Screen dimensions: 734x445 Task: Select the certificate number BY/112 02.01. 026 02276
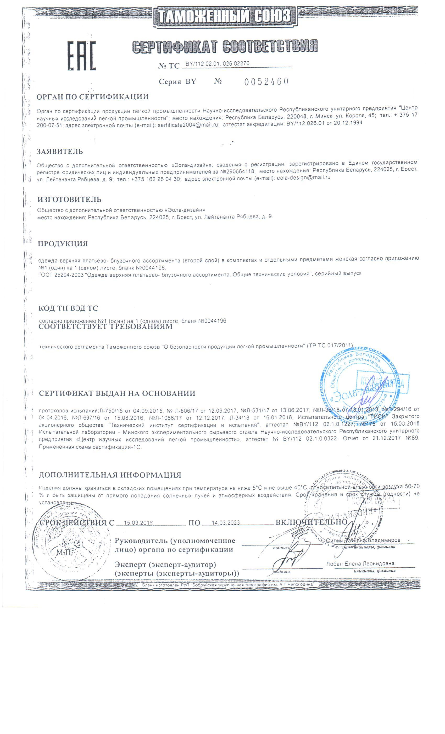click(x=217, y=64)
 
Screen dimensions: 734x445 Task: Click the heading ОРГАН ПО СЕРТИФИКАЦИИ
click(x=92, y=97)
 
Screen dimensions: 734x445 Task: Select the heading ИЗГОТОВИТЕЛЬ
click(x=69, y=199)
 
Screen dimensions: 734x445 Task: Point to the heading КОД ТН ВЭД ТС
click(x=68, y=308)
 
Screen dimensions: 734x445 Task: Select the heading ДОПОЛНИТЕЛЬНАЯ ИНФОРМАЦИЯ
click(x=110, y=475)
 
